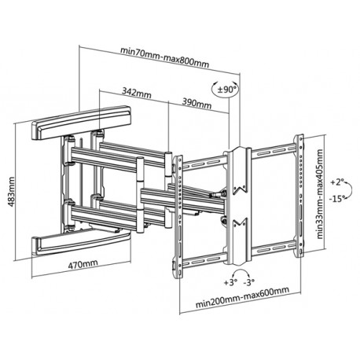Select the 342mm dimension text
(138, 94)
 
